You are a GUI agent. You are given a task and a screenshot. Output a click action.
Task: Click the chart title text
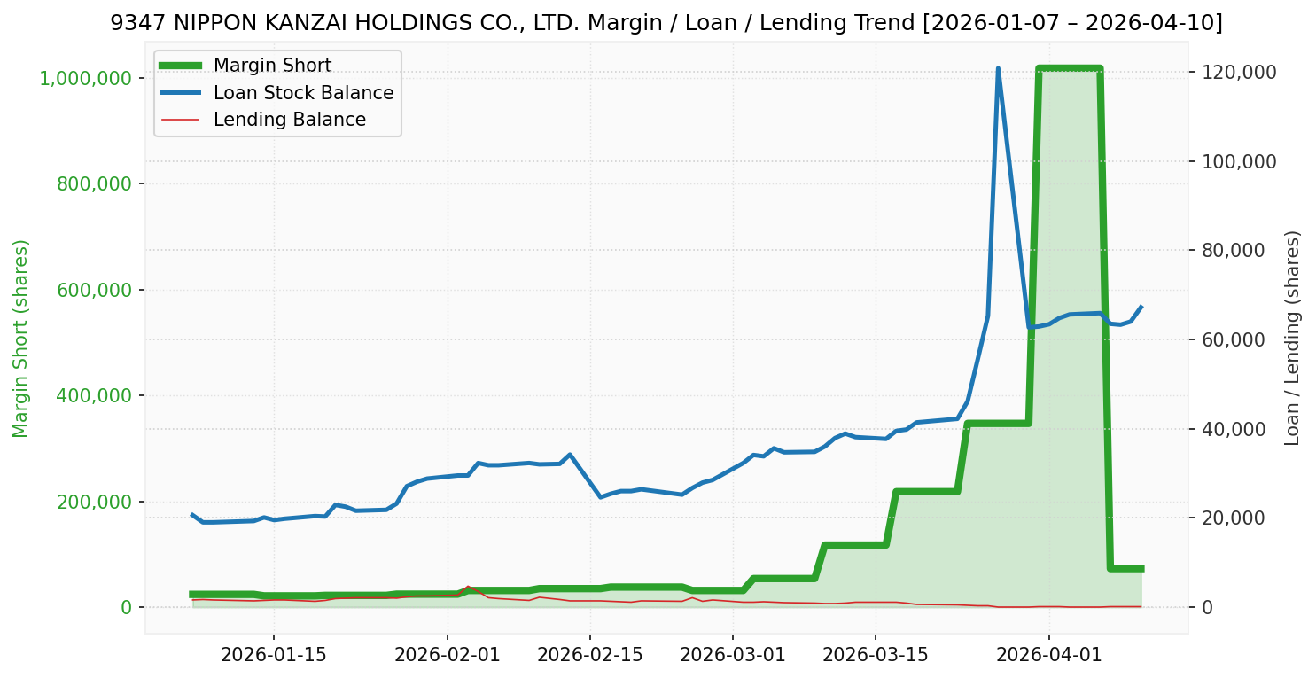[666, 23]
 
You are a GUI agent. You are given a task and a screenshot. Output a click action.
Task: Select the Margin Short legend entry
[272, 66]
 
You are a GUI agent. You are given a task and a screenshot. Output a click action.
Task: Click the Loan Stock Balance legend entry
[303, 93]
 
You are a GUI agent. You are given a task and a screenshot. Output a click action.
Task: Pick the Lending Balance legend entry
[289, 120]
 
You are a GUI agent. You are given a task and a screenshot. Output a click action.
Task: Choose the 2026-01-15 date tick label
[273, 655]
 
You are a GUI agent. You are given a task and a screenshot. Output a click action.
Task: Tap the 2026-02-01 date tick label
[447, 655]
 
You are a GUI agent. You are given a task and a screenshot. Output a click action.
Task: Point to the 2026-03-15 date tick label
[876, 655]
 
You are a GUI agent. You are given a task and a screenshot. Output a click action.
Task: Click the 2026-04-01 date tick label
[1049, 655]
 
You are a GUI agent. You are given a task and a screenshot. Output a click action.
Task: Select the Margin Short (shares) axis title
[21, 339]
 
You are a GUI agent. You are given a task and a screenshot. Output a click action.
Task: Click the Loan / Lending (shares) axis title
[1292, 339]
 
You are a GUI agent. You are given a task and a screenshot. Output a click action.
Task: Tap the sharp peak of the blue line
[998, 68]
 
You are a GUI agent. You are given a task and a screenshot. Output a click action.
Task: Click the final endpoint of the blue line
[1141, 307]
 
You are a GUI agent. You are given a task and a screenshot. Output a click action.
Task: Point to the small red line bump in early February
[467, 587]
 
